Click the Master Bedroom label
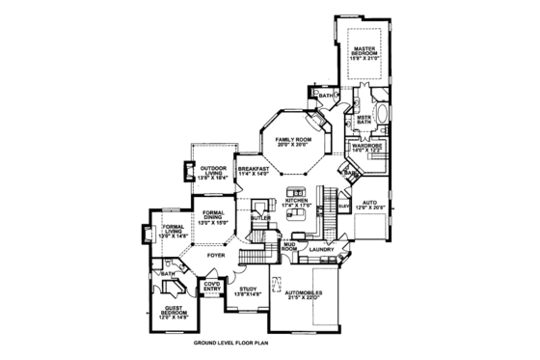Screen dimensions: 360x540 [x=364, y=52]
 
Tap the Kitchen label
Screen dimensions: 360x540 [x=296, y=204]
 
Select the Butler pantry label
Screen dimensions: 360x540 [x=258, y=219]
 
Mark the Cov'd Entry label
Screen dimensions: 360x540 [x=210, y=287]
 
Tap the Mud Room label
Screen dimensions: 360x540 [x=288, y=248]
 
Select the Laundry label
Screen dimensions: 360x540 [x=321, y=250]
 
